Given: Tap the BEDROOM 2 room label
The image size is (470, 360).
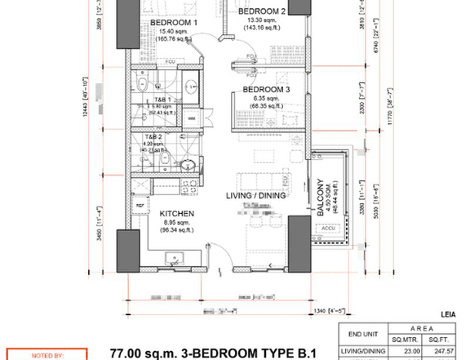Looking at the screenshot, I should (261, 11).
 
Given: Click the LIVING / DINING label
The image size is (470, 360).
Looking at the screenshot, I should (255, 195).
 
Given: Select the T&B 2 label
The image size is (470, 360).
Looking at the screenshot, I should (153, 137).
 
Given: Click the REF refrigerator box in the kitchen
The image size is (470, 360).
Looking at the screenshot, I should (140, 206).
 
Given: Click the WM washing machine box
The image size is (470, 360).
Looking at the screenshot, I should (191, 119).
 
